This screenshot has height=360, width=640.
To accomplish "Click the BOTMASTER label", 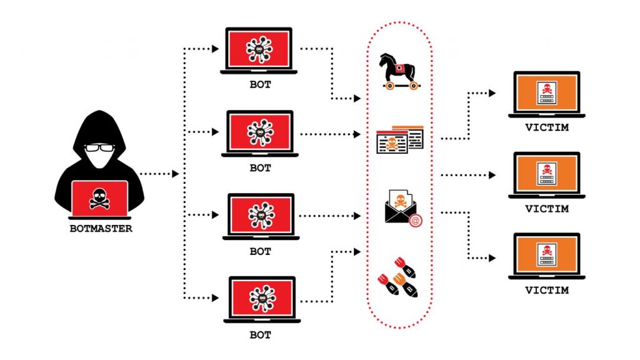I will (x=101, y=229).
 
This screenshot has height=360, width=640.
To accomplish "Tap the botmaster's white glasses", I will (x=100, y=148).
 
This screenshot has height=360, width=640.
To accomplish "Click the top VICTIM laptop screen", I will (x=546, y=92).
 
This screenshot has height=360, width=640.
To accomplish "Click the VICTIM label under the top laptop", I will (x=547, y=127).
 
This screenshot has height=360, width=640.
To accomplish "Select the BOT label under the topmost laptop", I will (x=260, y=84).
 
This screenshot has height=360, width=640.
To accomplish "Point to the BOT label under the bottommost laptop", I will (x=260, y=335).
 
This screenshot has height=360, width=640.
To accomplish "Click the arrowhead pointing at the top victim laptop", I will (x=493, y=93).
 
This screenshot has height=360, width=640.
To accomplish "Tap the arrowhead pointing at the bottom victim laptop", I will (x=493, y=257).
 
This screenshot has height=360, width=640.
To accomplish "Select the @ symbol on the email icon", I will (x=413, y=220).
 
